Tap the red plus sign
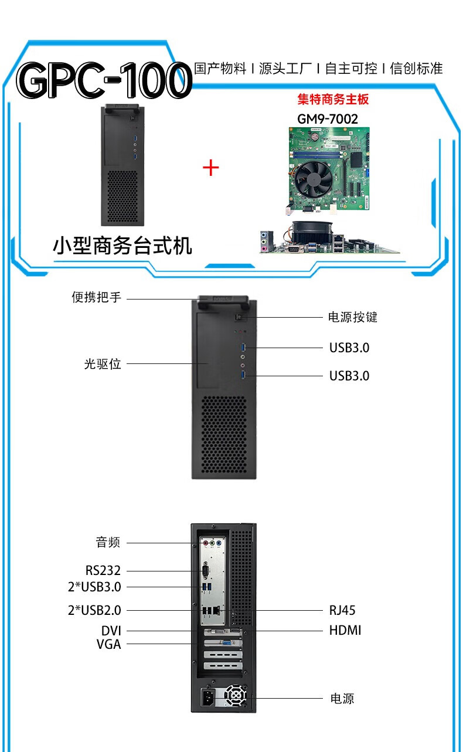[210, 168]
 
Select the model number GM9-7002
[328, 119]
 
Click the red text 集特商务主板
[333, 99]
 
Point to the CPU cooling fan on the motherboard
[314, 179]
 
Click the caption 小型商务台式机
[122, 246]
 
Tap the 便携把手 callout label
[97, 297]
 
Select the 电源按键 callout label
[352, 317]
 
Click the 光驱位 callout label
[103, 363]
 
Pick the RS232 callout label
[103, 570]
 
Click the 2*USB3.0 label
[94, 587]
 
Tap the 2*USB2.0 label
[94, 610]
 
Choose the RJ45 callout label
[342, 610]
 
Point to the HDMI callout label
[345, 630]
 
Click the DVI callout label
[111, 631]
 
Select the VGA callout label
[108, 644]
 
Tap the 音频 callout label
[108, 542]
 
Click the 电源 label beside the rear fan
[342, 698]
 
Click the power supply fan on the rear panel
[236, 696]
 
